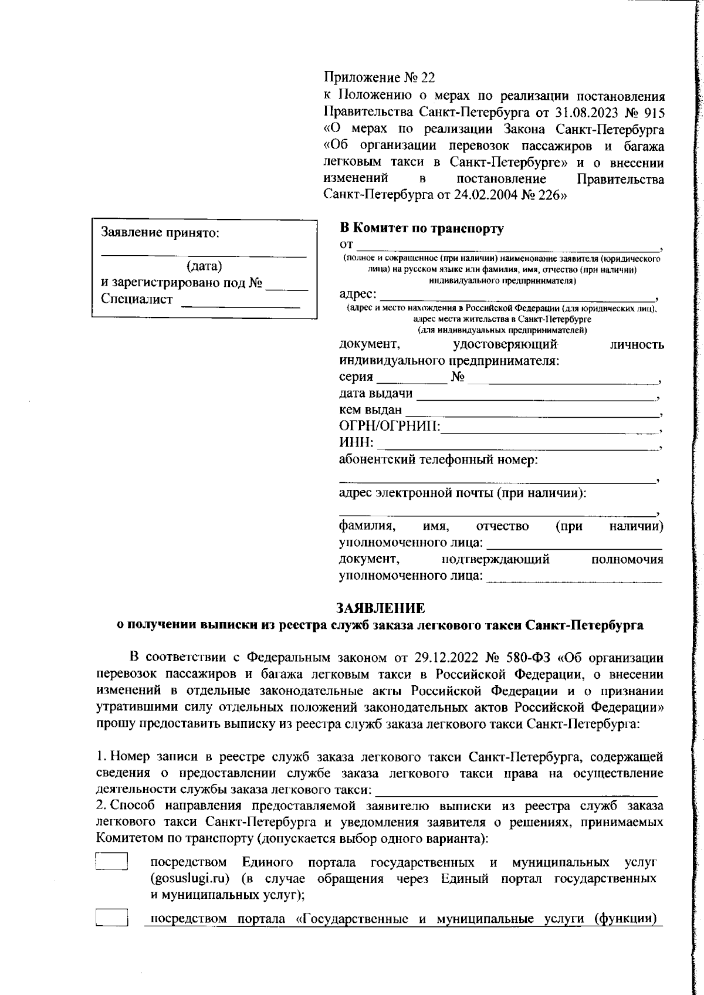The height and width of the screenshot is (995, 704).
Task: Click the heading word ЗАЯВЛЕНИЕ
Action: (380, 608)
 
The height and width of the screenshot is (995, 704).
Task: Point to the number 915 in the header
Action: (653, 112)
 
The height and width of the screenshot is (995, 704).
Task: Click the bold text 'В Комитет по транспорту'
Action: (421, 228)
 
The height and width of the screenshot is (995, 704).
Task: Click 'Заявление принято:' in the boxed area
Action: (160, 232)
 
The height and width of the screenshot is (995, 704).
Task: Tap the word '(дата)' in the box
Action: (204, 266)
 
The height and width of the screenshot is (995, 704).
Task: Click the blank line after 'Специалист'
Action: (241, 303)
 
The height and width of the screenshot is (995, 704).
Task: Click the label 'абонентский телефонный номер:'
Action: (438, 460)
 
